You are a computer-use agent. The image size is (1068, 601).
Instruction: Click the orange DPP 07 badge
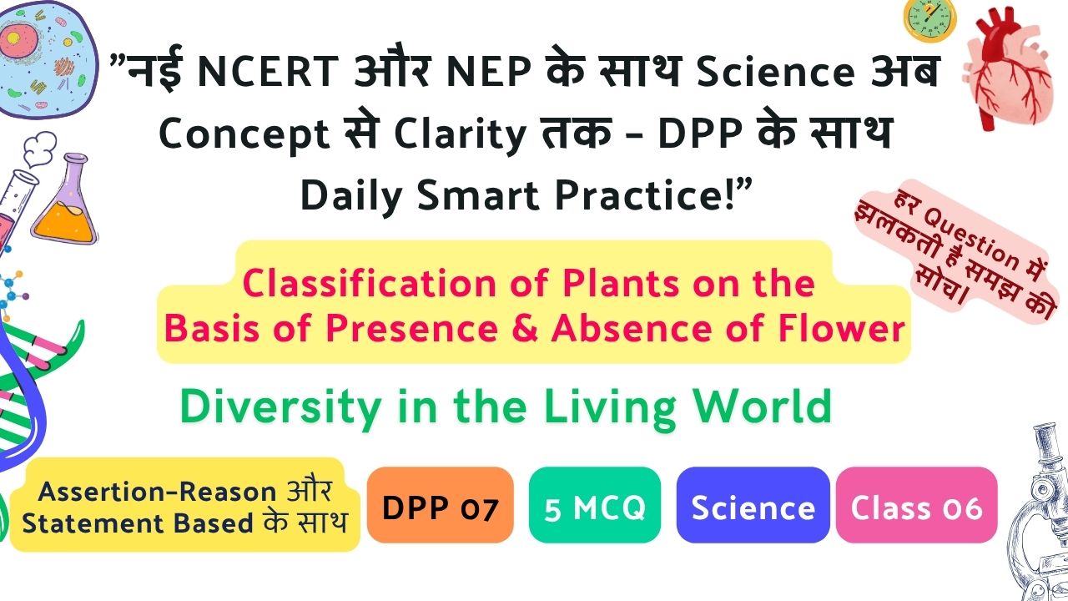(x=440, y=505)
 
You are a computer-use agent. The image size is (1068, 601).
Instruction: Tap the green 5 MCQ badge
(x=595, y=505)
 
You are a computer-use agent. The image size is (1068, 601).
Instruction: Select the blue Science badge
(x=753, y=505)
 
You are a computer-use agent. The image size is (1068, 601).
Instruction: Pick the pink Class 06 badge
(x=916, y=505)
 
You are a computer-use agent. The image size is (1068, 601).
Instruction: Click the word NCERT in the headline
(x=268, y=72)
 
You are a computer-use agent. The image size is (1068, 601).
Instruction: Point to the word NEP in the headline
(x=489, y=72)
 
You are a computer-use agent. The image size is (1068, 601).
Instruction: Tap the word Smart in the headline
(x=478, y=195)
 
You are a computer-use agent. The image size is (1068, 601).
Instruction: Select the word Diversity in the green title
(x=280, y=408)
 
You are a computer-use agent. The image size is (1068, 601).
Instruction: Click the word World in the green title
(x=762, y=406)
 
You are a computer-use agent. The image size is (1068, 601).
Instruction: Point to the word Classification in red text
(x=370, y=283)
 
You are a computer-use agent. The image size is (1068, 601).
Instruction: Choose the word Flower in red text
(x=841, y=328)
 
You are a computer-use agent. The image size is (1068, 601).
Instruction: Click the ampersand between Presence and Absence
(x=525, y=329)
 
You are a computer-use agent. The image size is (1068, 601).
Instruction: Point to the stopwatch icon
(x=929, y=19)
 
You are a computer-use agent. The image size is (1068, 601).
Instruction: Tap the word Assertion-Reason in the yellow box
(x=158, y=492)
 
